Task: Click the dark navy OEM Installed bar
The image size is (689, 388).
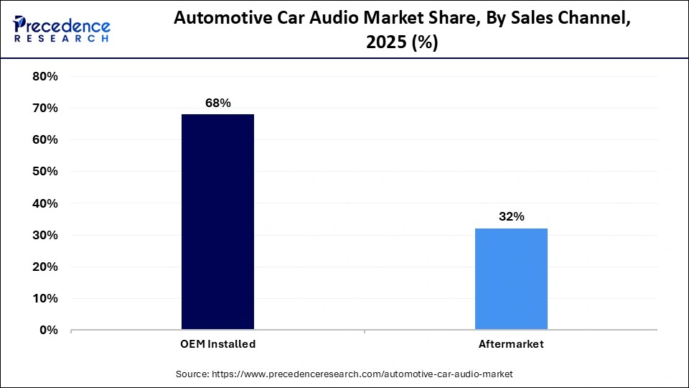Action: click(217, 222)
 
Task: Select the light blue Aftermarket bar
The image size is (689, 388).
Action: click(511, 280)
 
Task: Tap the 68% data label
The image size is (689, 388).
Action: click(217, 103)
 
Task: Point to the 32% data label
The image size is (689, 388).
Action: click(511, 216)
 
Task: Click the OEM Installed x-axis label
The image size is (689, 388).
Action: click(217, 344)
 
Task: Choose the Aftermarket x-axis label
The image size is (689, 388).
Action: click(511, 344)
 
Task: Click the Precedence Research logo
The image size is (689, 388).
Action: click(62, 29)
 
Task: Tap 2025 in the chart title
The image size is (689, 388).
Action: click(383, 43)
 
